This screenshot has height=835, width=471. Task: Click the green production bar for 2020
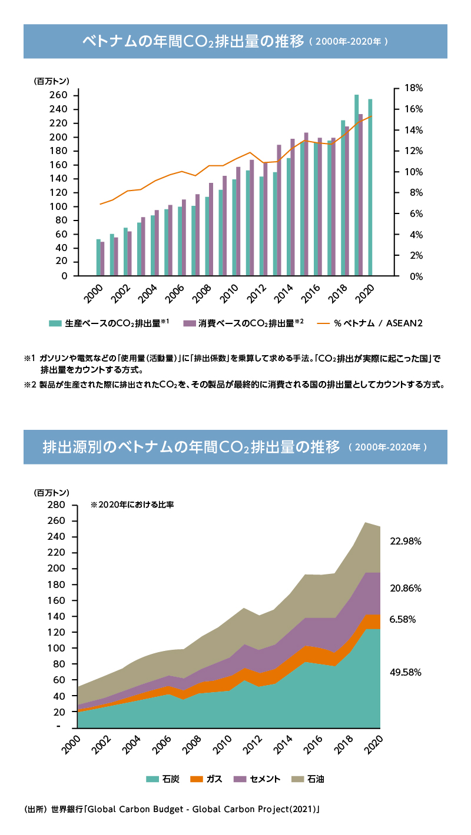pyautogui.click(x=370, y=188)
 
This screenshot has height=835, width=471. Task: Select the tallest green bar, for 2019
pyautogui.click(x=357, y=185)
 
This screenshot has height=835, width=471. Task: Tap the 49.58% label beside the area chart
pyautogui.click(x=406, y=672)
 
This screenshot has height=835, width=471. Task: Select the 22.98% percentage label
pyautogui.click(x=406, y=542)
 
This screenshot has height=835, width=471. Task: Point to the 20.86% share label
pyautogui.click(x=406, y=588)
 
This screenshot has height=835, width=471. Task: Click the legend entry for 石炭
pyautogui.click(x=163, y=779)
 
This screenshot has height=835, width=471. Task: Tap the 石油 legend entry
pyautogui.click(x=309, y=779)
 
